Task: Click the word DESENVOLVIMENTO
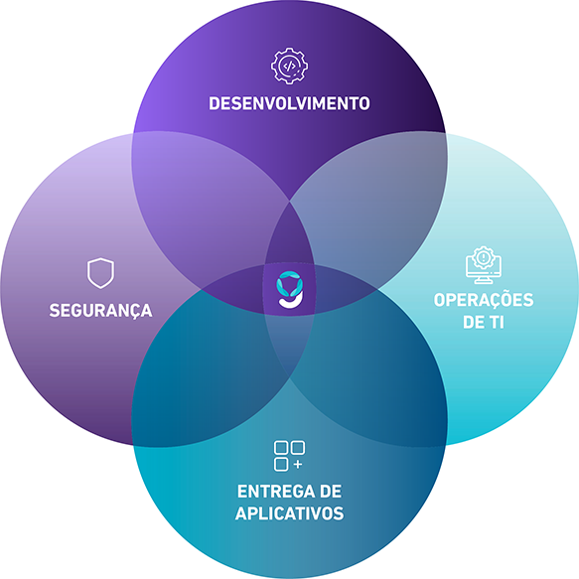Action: coord(289,103)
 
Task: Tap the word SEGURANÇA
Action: coord(101,311)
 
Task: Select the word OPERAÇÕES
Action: coord(484,300)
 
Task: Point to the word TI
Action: coord(497,323)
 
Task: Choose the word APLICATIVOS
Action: coord(290,513)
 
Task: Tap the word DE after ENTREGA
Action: coord(330,492)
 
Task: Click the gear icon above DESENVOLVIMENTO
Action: coord(290,66)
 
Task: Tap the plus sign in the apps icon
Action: coord(298,464)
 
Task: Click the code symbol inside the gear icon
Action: coord(289,67)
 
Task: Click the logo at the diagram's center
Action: coord(290,290)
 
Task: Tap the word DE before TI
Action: coord(473,323)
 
